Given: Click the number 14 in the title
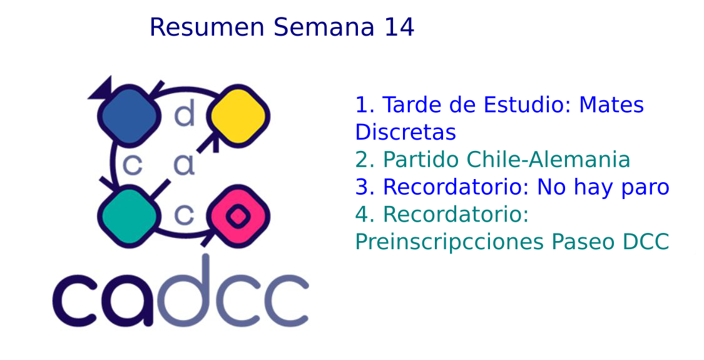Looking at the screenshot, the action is [x=399, y=27].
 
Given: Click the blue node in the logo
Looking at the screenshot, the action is [x=130, y=116].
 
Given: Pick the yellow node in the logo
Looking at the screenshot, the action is [x=238, y=115].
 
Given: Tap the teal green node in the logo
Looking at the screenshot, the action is [x=130, y=216].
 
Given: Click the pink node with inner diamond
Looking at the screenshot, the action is [x=238, y=216].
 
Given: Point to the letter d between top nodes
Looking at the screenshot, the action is [x=185, y=113].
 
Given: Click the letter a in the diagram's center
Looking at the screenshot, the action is [x=185, y=165].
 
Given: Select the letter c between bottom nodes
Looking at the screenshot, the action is [x=184, y=215].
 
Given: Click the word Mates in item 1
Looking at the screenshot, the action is [x=611, y=105].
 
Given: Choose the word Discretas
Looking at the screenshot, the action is [x=406, y=132].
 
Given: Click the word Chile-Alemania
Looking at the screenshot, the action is [x=549, y=160].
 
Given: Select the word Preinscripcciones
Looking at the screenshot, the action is [x=449, y=242].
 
